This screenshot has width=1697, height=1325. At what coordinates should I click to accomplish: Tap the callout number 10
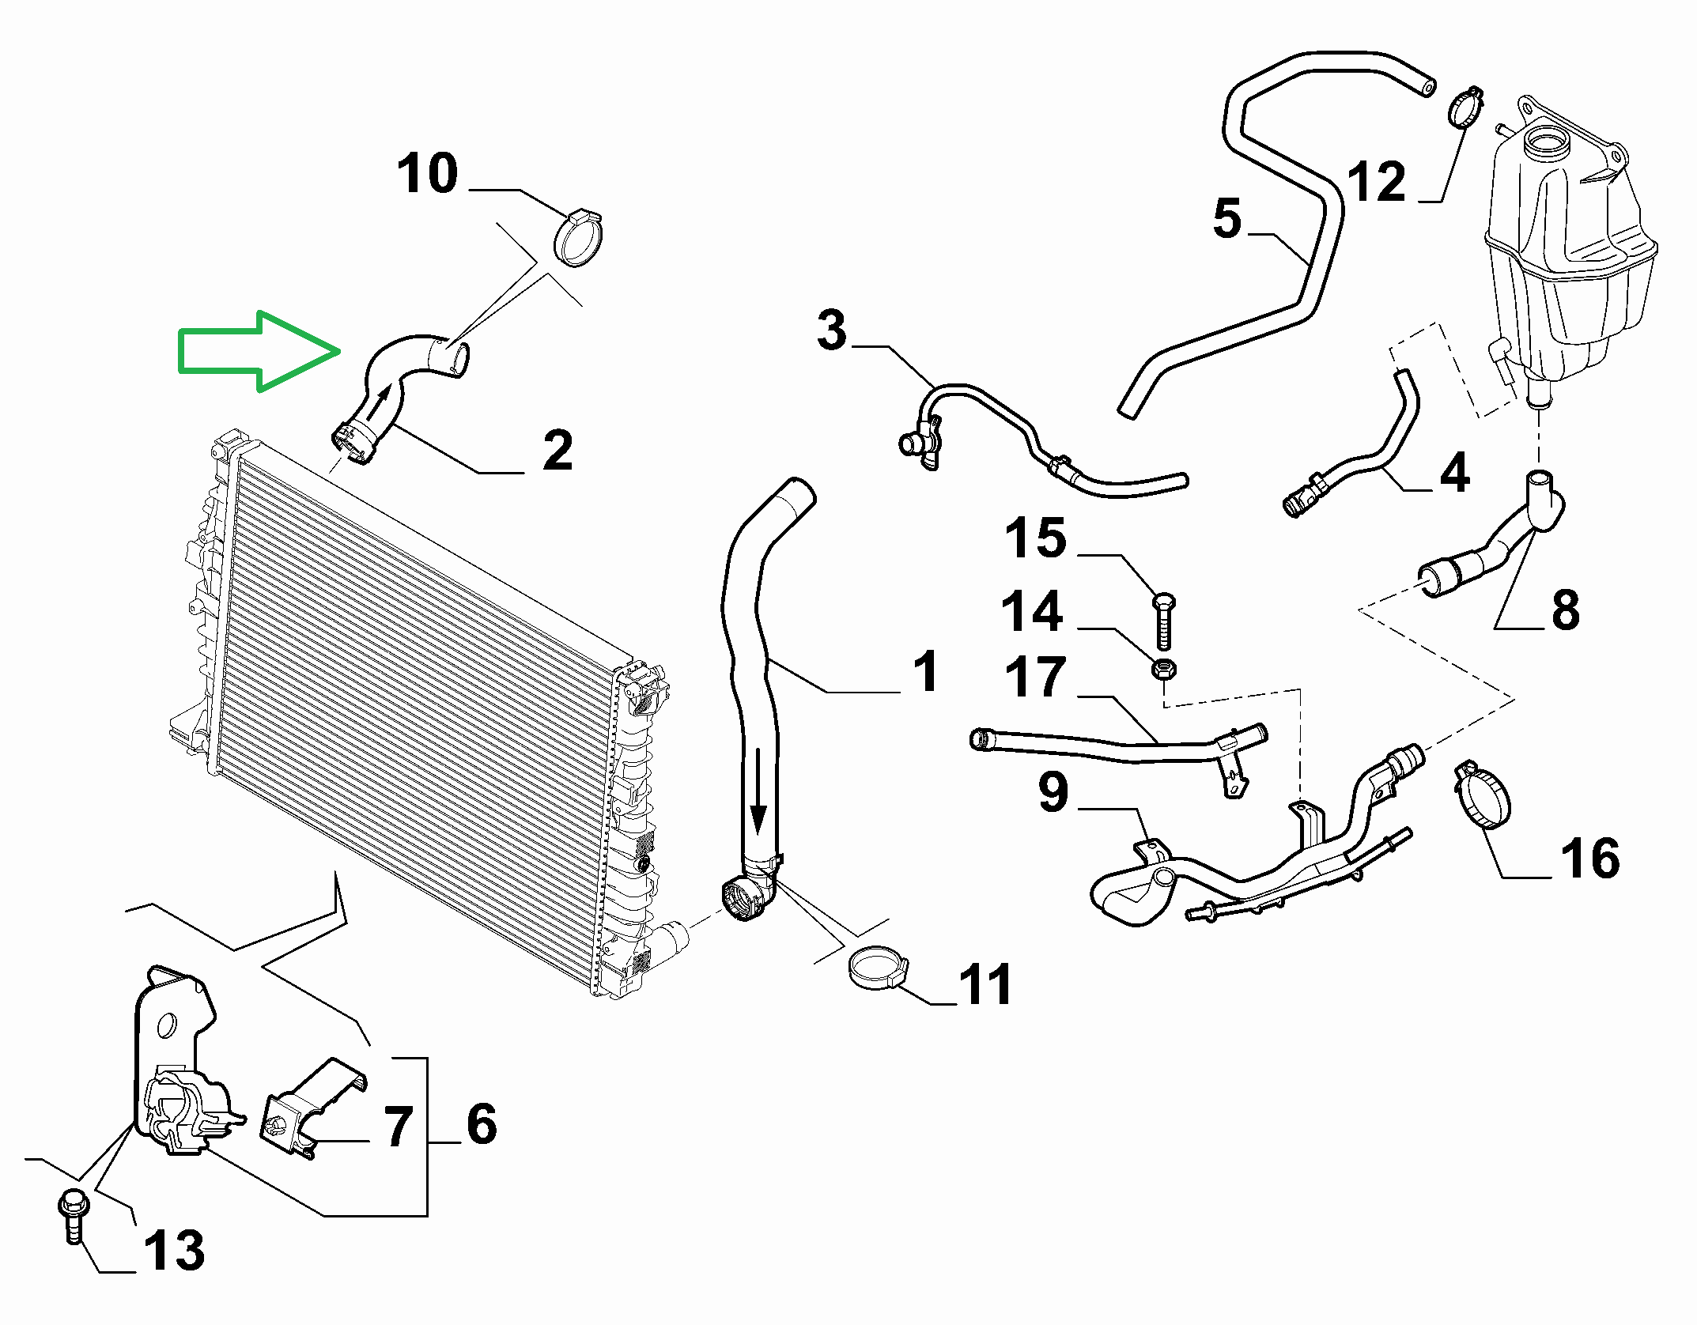(x=427, y=174)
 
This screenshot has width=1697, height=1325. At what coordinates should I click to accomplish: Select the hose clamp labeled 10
(x=580, y=238)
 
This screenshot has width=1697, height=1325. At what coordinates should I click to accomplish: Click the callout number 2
(x=557, y=451)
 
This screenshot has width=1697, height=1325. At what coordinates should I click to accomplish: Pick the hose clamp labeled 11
(x=878, y=968)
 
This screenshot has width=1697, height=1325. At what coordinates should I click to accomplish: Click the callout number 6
(x=482, y=1123)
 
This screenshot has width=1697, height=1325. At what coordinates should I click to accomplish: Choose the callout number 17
(x=1035, y=677)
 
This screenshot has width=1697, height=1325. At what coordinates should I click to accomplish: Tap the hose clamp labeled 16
(x=1481, y=795)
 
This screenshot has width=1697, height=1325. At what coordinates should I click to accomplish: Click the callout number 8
(x=1566, y=610)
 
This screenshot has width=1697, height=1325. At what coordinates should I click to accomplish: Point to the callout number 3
(x=832, y=330)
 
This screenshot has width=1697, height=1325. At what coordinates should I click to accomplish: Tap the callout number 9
(x=1053, y=792)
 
